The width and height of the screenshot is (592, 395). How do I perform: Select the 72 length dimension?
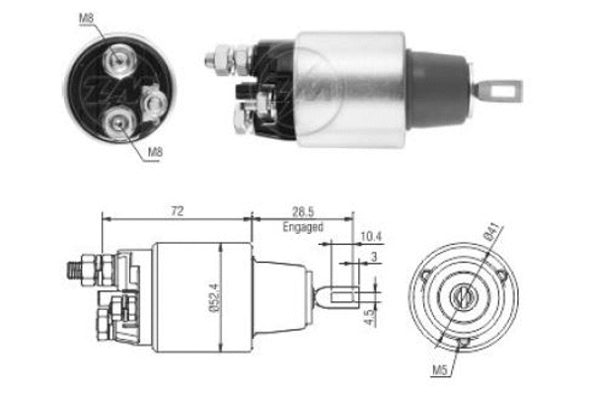point(177,210)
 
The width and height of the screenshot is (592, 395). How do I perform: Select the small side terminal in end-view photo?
point(153,101)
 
